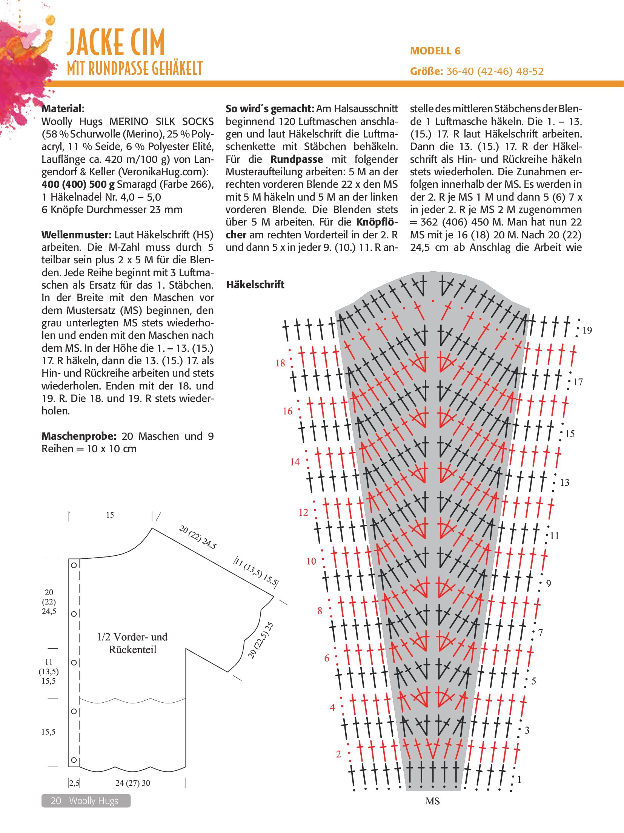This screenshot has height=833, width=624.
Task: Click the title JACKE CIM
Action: point(115,42)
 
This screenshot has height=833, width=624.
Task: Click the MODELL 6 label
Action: point(435,51)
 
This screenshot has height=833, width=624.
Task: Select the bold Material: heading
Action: point(63,109)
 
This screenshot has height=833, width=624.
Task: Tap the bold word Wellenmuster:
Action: point(76,235)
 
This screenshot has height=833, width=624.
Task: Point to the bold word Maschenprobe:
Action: point(78,436)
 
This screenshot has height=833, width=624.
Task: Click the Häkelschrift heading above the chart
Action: point(255,284)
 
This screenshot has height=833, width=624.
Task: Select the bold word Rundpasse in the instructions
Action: point(297,159)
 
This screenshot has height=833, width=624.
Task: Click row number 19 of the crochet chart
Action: point(587,331)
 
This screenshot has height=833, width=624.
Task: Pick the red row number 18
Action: point(280,363)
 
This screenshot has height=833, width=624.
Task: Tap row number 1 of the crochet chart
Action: point(519,779)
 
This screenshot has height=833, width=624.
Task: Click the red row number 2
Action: point(338,754)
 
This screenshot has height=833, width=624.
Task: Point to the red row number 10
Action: point(311,561)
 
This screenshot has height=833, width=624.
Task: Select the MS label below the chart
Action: point(432,801)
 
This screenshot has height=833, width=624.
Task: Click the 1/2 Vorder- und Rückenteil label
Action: point(132,643)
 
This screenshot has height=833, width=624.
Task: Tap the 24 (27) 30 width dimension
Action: point(132,783)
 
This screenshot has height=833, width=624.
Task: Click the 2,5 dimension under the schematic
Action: point(74,783)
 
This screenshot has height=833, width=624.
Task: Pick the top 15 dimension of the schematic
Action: point(110,515)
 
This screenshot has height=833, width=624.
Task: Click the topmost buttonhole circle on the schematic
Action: point(74,565)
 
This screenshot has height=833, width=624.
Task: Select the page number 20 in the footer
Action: point(56,801)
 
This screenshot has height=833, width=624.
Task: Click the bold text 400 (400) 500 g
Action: point(78,184)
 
